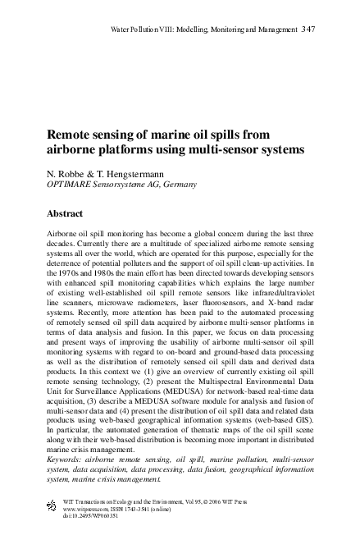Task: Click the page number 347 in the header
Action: (x=308, y=30)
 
